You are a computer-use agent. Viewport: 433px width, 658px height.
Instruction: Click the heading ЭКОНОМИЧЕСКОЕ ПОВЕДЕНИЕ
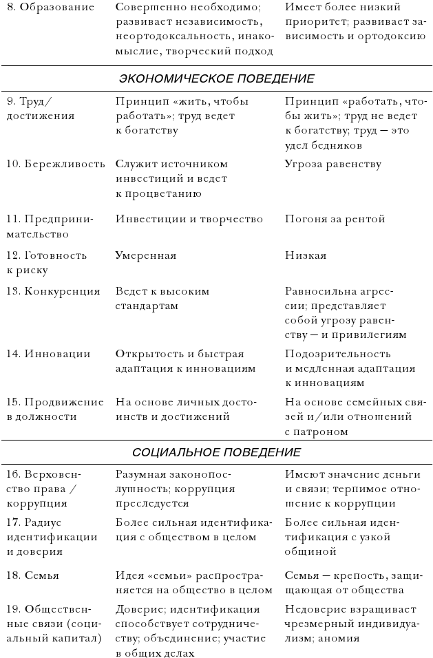point(216,78)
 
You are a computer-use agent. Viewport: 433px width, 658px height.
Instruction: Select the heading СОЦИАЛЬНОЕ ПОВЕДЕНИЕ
point(216,452)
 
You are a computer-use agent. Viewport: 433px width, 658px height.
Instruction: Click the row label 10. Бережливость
point(56,164)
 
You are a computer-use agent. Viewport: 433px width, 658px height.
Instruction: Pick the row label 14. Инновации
point(49,354)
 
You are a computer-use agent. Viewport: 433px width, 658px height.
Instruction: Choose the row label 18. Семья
point(33,575)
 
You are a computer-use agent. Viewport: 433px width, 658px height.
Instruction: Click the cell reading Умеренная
point(146,255)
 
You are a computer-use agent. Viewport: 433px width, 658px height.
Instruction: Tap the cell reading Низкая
point(306,255)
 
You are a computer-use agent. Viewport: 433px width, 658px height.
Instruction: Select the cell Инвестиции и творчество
point(189,219)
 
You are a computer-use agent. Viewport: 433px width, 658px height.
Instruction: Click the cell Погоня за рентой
point(335,219)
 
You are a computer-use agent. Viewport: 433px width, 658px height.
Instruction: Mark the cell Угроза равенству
point(332,164)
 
